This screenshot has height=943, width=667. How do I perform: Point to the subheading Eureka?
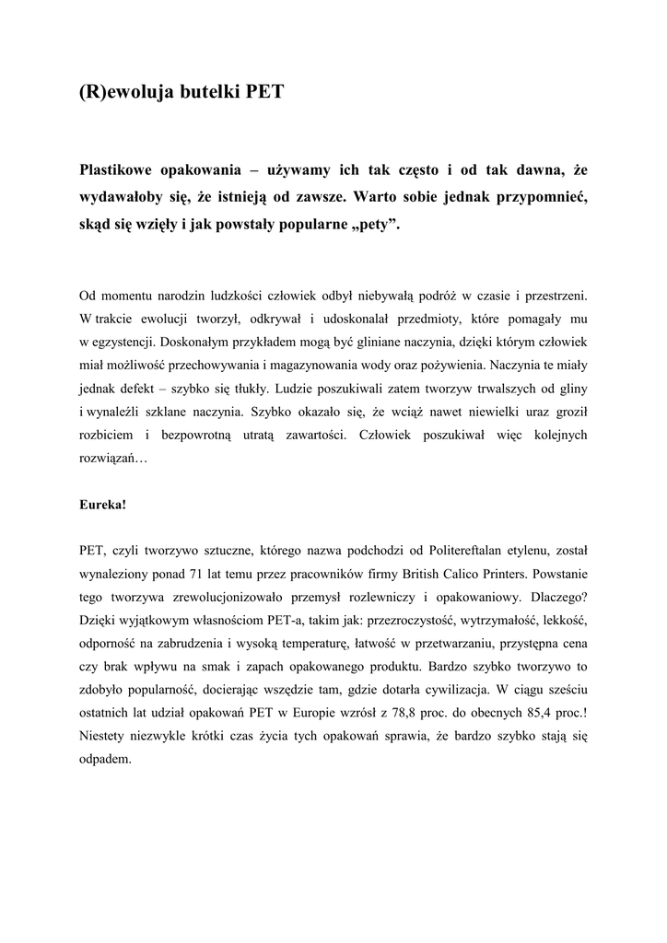click(x=103, y=506)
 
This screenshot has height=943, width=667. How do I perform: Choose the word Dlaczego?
click(x=558, y=597)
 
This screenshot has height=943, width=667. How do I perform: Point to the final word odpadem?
click(x=107, y=762)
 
